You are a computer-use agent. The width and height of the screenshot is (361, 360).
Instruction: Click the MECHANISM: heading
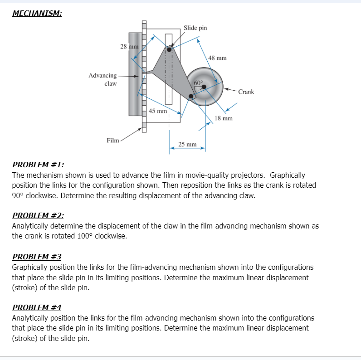click(37, 13)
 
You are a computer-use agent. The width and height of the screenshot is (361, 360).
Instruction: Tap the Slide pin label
click(195, 28)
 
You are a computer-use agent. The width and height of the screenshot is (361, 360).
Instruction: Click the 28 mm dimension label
click(129, 47)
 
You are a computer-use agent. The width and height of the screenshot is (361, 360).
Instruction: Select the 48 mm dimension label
click(217, 58)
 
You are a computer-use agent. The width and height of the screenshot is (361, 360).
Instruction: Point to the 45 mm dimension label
click(158, 111)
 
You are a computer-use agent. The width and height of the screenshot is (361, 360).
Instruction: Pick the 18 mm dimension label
click(224, 118)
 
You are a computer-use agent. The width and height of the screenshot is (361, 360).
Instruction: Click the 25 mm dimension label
click(187, 144)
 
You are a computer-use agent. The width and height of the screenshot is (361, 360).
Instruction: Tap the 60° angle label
click(198, 83)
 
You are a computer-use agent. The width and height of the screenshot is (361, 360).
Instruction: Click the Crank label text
click(246, 92)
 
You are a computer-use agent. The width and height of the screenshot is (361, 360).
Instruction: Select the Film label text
click(113, 141)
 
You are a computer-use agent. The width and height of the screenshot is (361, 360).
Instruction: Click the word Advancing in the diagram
click(102, 76)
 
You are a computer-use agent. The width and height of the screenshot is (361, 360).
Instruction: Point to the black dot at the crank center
click(204, 87)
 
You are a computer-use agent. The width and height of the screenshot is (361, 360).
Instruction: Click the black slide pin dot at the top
click(169, 49)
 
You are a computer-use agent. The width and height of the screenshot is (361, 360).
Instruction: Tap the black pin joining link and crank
click(191, 96)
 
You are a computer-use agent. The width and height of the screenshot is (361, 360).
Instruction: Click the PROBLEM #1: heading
click(38, 165)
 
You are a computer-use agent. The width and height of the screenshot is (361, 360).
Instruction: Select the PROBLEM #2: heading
click(38, 215)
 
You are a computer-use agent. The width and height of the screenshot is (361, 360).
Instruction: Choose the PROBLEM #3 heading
click(37, 257)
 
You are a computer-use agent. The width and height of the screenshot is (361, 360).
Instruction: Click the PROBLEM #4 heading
click(37, 307)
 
